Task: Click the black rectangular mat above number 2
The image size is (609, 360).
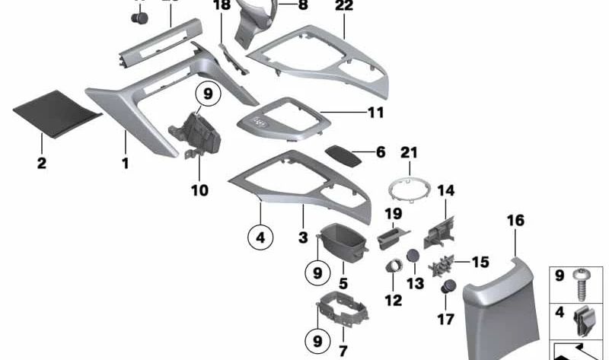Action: pyautogui.click(x=57, y=113)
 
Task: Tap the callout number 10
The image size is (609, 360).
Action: pyautogui.click(x=199, y=190)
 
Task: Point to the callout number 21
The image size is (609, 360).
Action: pyautogui.click(x=410, y=153)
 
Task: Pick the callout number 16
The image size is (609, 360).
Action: pyautogui.click(x=515, y=221)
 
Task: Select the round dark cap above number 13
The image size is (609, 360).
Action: pyautogui.click(x=413, y=256)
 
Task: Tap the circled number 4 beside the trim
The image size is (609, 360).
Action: pyautogui.click(x=260, y=237)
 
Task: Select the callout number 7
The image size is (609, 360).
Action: pyautogui.click(x=343, y=352)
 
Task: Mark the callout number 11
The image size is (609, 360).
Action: pyautogui.click(x=376, y=114)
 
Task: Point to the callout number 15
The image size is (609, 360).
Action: pyautogui.click(x=480, y=263)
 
